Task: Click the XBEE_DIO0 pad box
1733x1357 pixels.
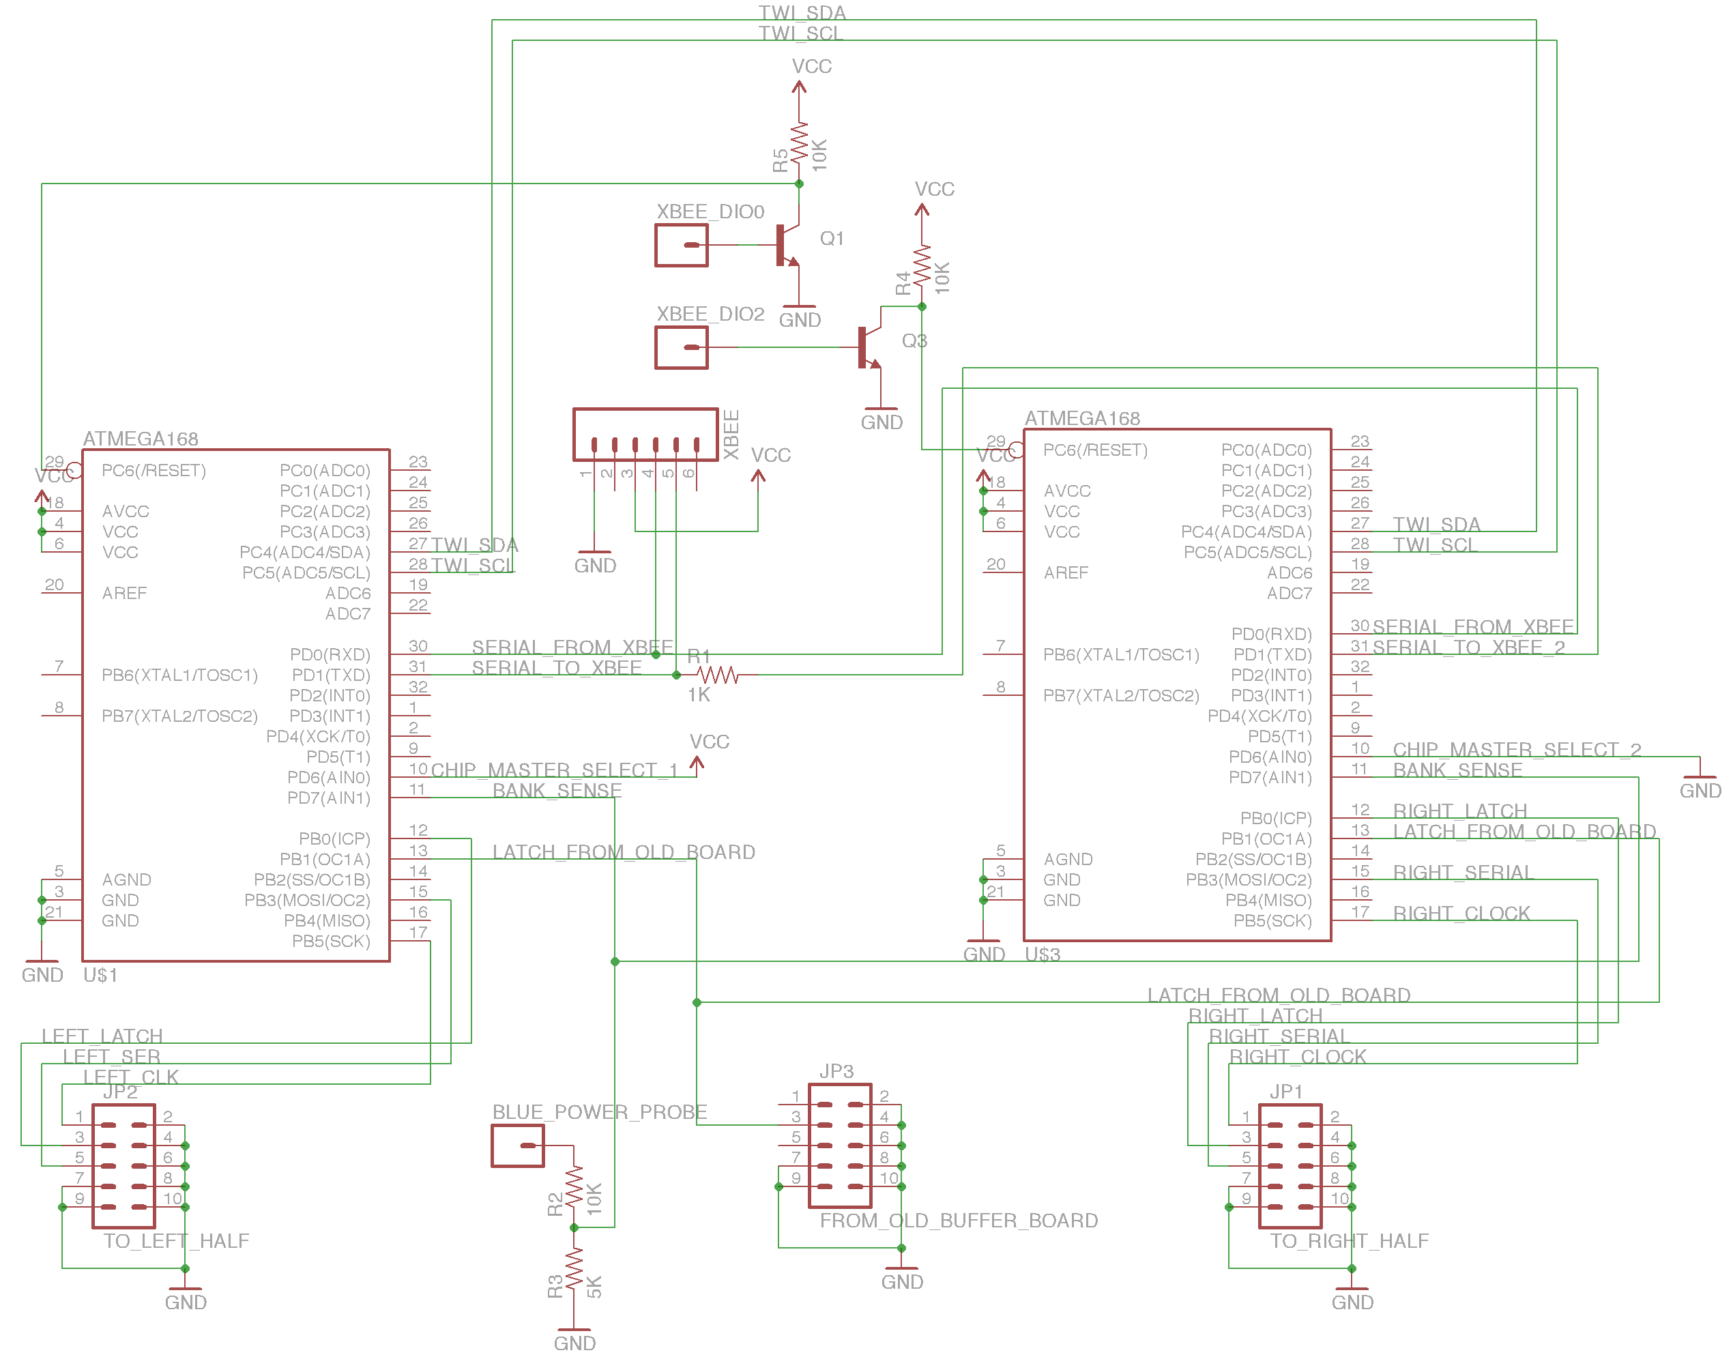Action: point(681,245)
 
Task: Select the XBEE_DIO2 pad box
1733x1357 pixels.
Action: point(681,347)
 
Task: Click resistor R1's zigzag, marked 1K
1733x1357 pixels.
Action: point(718,675)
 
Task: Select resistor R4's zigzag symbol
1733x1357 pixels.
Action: point(921,266)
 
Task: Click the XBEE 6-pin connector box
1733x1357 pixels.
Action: point(645,435)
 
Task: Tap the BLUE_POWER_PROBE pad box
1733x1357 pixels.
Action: point(517,1146)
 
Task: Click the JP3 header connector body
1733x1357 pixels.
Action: point(840,1146)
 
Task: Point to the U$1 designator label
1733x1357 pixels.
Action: point(100,975)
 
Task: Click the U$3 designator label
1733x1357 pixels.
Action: point(1042,954)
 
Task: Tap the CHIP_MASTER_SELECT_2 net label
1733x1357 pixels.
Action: point(1516,749)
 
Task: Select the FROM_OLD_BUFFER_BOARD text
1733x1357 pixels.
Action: point(959,1221)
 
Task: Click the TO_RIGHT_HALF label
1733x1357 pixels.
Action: point(1348,1241)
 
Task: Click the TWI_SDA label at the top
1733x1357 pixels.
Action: point(802,13)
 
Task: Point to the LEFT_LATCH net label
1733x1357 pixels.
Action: point(102,1036)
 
